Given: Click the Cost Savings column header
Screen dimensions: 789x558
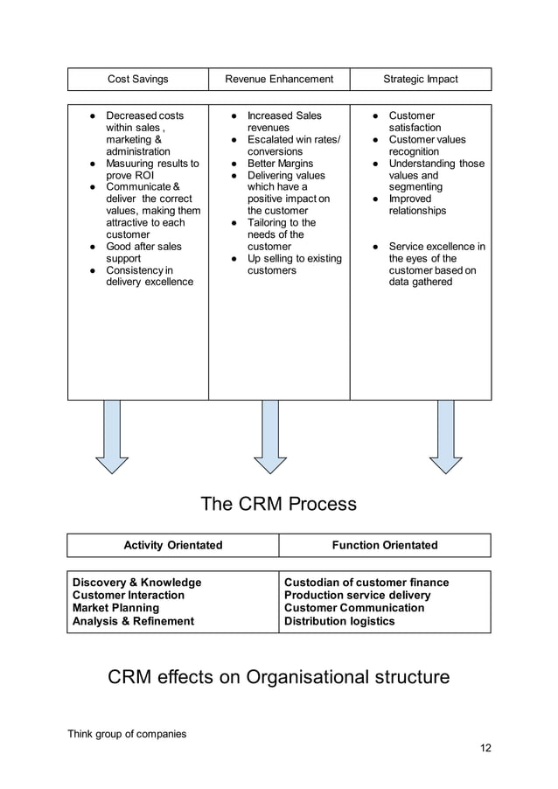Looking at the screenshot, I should click(x=137, y=80).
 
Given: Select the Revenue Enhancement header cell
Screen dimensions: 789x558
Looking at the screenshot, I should click(x=279, y=80).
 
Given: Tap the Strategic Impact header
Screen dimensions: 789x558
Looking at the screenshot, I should click(x=420, y=80).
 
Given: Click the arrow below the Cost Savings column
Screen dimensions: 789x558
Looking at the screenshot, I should click(x=112, y=437).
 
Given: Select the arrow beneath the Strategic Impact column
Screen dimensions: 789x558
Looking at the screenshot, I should click(x=445, y=437).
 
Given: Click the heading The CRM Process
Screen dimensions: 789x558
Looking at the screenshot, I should click(x=278, y=504).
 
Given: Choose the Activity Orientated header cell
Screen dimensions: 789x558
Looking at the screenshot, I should click(x=173, y=546).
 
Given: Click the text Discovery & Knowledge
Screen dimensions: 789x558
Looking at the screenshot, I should click(x=136, y=583).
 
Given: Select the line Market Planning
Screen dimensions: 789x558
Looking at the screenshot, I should click(x=115, y=608).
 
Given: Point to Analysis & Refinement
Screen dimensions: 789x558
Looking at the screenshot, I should click(x=133, y=621).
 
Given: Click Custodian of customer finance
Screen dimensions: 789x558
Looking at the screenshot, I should click(x=366, y=583).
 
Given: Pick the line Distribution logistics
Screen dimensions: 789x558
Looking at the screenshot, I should click(x=339, y=621).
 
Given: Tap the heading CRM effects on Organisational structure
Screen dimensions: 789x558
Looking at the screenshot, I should click(x=278, y=677).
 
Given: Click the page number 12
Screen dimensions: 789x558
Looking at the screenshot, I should click(x=485, y=749).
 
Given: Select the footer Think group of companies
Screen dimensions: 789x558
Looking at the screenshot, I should click(x=127, y=734).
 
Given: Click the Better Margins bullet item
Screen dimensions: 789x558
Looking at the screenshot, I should click(x=274, y=164).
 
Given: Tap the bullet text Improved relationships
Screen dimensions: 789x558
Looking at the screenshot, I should click(x=417, y=205).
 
